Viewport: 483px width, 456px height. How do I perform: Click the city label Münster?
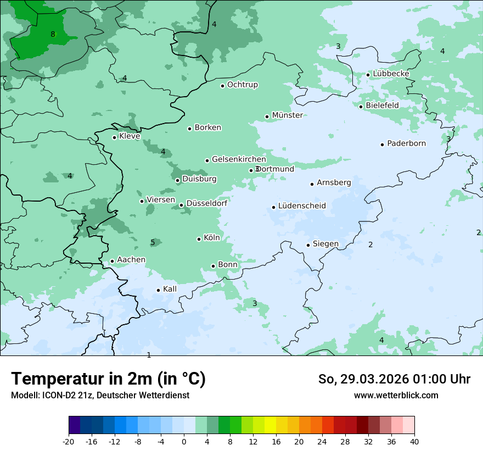[x=287, y=115]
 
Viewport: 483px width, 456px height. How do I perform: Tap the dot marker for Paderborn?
[x=383, y=144]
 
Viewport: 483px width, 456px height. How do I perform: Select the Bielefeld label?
[x=382, y=105]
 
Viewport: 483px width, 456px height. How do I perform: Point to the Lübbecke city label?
[x=391, y=74]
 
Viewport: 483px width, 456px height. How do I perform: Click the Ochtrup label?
[x=242, y=85]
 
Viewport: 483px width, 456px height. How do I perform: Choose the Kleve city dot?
[x=114, y=137]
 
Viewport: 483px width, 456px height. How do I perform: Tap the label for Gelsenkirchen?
[x=239, y=159]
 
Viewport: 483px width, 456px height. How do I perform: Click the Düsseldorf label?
[x=207, y=204]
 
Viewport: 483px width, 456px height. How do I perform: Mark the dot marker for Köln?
[x=199, y=239]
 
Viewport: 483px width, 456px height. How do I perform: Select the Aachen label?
[x=131, y=260]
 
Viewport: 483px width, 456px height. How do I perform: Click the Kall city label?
[x=170, y=289]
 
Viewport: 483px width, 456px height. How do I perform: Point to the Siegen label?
[x=325, y=244]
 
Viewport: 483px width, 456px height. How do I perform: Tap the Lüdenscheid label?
[x=302, y=206]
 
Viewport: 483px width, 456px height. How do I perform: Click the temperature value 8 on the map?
[x=53, y=35]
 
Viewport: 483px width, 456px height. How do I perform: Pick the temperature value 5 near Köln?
[x=153, y=243]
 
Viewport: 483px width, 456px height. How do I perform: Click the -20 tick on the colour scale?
[x=69, y=441]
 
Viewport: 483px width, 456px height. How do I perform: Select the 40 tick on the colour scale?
[x=414, y=441]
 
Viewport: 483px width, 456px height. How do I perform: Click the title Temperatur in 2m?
[x=108, y=379]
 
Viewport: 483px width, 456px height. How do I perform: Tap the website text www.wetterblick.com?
[x=396, y=395]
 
